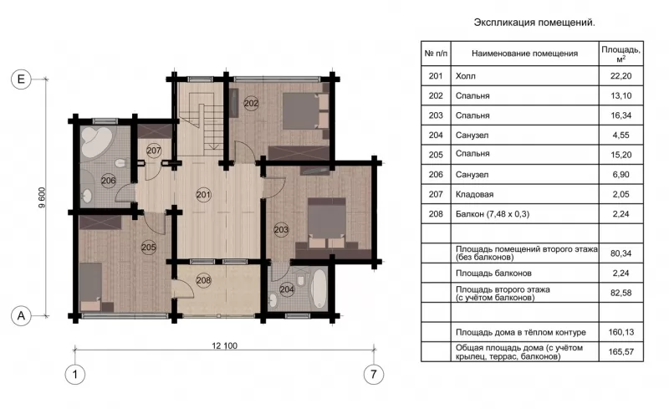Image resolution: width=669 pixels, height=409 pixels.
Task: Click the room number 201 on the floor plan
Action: (x=203, y=195)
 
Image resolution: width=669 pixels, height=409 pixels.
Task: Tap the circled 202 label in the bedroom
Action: (x=252, y=103)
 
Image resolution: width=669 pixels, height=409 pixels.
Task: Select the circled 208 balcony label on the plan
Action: (x=203, y=280)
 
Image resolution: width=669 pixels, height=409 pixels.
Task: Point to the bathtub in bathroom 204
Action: (x=319, y=288)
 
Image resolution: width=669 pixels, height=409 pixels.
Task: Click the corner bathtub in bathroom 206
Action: (x=96, y=141)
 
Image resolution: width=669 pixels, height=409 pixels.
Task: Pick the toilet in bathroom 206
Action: (x=120, y=163)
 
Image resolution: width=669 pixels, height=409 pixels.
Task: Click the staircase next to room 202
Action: (x=201, y=120)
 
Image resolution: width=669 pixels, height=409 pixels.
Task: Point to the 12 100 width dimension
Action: (x=224, y=345)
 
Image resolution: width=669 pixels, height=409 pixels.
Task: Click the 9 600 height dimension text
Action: (x=41, y=197)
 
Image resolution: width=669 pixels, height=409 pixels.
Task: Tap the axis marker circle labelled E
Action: (x=21, y=79)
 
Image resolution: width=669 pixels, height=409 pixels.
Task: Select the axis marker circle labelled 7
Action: (x=374, y=375)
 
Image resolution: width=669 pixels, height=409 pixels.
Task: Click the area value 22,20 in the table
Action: (x=620, y=76)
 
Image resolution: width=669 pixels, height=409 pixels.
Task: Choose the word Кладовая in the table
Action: (x=474, y=194)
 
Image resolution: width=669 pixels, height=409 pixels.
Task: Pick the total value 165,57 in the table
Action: (x=620, y=352)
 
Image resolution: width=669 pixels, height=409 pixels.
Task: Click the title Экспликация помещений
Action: (x=534, y=23)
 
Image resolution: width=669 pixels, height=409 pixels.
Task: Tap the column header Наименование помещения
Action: (x=525, y=54)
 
